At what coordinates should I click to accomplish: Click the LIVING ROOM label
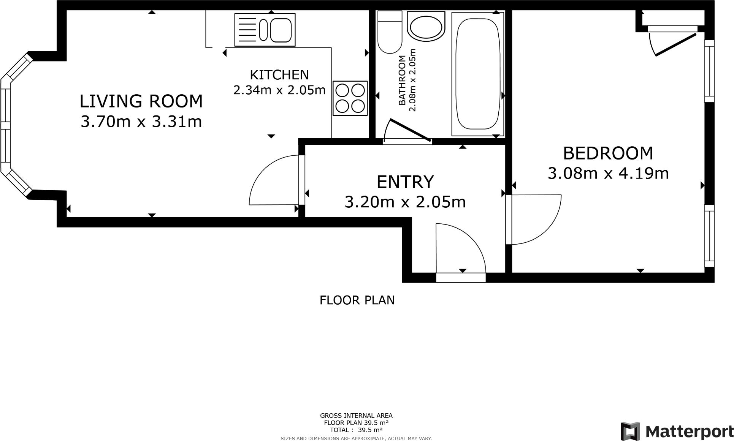(141, 101)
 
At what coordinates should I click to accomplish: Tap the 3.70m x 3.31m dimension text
(141, 122)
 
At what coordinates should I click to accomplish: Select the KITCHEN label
(279, 75)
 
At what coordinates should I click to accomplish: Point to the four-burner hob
(350, 98)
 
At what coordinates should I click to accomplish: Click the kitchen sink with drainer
(265, 30)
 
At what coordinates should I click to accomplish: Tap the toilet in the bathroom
(390, 32)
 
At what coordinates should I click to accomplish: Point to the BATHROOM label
(402, 80)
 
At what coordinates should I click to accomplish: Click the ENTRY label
(405, 182)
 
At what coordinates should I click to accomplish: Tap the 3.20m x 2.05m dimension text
(405, 202)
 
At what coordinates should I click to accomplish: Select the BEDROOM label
(608, 153)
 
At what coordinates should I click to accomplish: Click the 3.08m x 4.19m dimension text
(608, 173)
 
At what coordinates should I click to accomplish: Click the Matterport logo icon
(630, 431)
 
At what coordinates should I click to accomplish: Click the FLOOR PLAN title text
(357, 300)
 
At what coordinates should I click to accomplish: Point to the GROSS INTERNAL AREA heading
(356, 416)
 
